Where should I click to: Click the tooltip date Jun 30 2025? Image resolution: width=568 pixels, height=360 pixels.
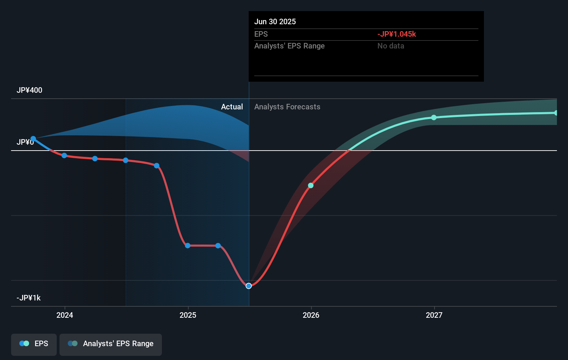point(275,21)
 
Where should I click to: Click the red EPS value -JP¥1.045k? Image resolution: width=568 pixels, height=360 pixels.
point(396,34)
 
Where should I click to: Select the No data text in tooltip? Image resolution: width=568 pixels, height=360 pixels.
point(391,46)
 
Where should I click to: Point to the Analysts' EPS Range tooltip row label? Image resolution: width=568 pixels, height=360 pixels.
point(289,46)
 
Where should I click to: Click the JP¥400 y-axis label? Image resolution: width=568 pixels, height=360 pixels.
point(29,90)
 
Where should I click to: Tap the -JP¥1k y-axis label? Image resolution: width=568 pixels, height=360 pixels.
point(28,298)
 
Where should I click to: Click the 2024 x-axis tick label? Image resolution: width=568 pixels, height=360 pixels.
point(65,315)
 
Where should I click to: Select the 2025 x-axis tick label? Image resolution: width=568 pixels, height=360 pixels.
point(188,315)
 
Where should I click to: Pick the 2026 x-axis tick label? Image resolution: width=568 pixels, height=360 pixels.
point(311,315)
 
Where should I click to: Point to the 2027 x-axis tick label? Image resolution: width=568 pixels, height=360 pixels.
point(434,315)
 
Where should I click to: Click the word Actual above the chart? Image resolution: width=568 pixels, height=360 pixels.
point(232,107)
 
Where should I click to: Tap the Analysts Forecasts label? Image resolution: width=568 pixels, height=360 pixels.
point(287,107)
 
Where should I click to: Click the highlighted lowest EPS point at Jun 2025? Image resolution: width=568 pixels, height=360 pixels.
point(249,286)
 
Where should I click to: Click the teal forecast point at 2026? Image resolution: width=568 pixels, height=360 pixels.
point(311,186)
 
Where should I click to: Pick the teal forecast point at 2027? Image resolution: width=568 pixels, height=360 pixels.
point(434,118)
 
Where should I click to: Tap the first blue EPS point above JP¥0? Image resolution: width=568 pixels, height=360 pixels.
point(33,139)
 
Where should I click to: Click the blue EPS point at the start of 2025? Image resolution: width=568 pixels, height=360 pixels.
point(187,245)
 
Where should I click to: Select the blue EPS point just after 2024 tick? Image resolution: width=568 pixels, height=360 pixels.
point(64,155)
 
